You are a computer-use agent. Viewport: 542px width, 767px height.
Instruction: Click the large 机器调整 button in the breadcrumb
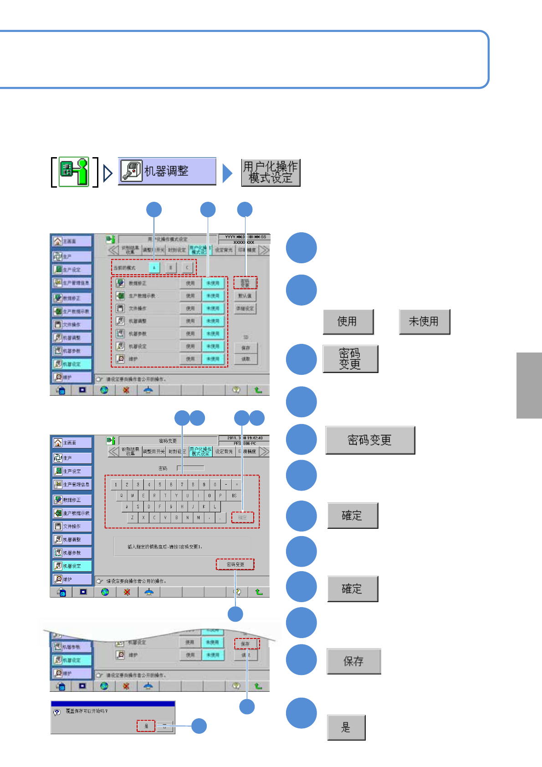167,171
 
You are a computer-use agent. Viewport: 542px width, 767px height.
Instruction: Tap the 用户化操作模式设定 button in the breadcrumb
271,173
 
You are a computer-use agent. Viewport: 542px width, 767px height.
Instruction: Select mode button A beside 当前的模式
154,267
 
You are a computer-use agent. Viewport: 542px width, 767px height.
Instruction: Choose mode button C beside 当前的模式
187,267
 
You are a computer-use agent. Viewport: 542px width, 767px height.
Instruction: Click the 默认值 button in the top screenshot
245,296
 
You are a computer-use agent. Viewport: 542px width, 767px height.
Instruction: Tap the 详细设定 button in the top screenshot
245,308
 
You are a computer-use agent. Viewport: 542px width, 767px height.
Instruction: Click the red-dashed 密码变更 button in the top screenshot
245,283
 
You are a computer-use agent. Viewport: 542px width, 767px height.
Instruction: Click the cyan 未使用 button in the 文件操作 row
213,308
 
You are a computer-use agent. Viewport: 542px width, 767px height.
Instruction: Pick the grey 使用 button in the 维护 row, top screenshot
190,359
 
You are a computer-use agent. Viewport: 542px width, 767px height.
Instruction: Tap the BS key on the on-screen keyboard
234,495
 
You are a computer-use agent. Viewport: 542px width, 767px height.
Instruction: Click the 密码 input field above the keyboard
191,468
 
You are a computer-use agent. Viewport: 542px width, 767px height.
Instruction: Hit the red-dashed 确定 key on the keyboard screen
242,517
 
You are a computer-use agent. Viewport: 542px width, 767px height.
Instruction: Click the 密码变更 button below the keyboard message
235,564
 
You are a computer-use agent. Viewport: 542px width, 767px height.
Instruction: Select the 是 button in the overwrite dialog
146,726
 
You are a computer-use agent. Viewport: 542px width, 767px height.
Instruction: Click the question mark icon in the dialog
57,712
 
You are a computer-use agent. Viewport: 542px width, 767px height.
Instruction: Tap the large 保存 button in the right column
353,661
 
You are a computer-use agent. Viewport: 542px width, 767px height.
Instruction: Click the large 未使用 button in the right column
424,322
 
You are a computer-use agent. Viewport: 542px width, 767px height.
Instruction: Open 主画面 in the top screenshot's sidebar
72,241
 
